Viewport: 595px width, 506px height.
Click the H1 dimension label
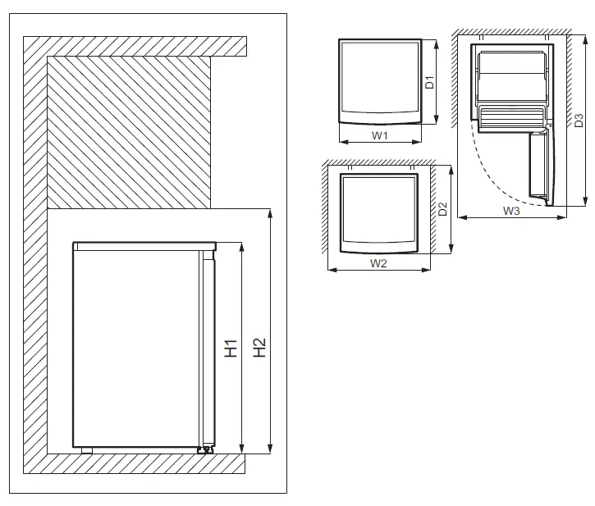[x=231, y=348]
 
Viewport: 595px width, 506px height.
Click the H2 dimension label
[x=259, y=348]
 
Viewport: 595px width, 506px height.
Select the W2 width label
[x=378, y=263]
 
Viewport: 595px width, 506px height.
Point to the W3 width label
[x=511, y=211]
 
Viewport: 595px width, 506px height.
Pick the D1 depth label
[x=429, y=82]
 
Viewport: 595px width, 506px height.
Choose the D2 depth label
[x=442, y=210]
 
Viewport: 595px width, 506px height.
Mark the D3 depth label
[x=579, y=121]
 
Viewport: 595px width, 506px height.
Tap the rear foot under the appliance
[x=85, y=449]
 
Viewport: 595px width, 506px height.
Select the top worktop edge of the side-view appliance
[x=144, y=244]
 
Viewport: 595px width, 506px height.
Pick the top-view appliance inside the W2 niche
[x=378, y=211]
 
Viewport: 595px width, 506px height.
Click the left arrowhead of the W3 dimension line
[x=460, y=217]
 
